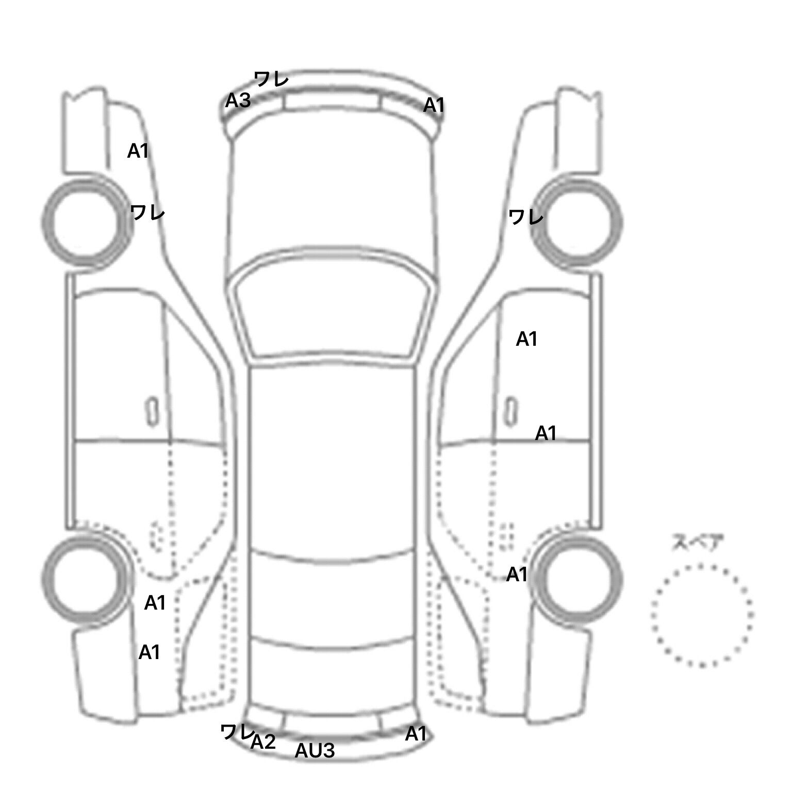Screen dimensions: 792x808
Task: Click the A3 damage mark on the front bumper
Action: [238, 100]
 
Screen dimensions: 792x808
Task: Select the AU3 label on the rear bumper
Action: [315, 751]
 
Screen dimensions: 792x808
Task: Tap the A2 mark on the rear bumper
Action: [263, 742]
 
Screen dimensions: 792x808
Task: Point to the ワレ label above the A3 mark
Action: [271, 79]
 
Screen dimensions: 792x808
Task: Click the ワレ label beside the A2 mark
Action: [237, 732]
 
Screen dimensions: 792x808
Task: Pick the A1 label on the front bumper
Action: [434, 105]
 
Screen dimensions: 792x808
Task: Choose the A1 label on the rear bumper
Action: [416, 734]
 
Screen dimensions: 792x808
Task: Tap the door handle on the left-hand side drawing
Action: [152, 412]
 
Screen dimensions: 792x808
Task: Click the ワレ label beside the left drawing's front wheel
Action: [147, 212]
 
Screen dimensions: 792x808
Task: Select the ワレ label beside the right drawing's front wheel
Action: [526, 217]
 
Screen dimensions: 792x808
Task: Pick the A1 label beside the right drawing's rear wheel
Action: [517, 574]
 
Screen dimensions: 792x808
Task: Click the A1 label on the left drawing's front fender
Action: [138, 151]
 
